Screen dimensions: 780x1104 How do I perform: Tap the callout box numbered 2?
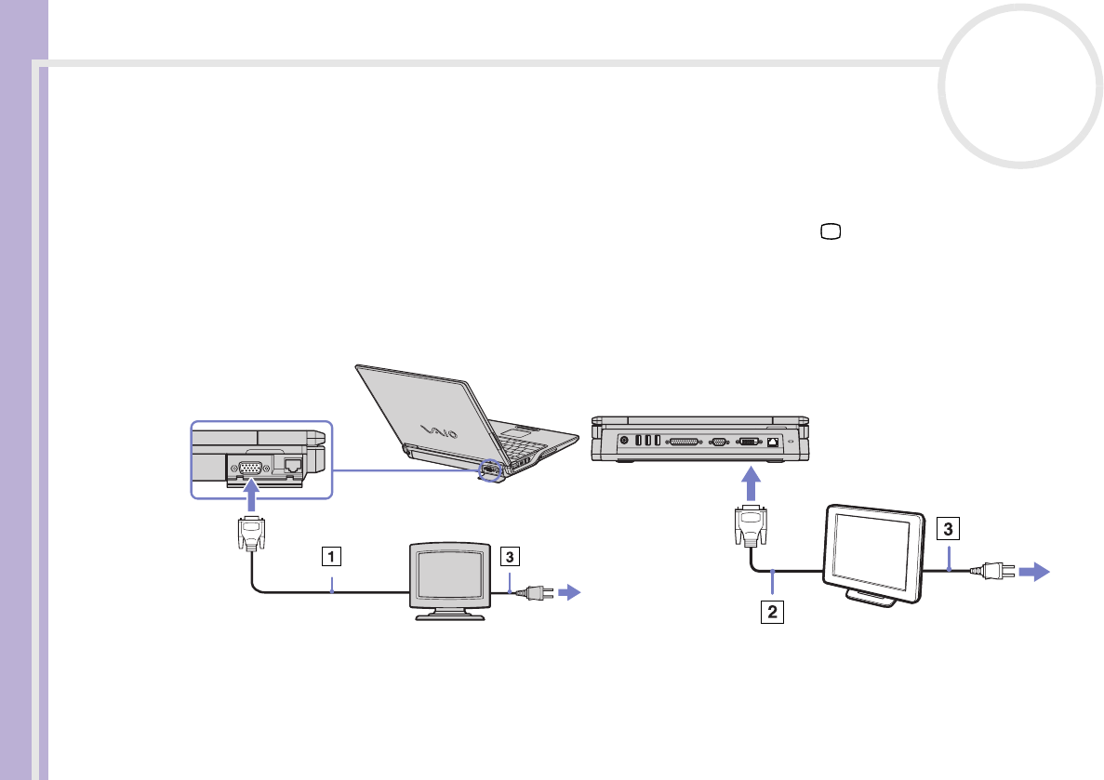[769, 614]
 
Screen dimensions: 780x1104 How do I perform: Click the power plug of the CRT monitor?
[537, 591]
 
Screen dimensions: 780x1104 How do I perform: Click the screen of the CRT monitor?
[450, 576]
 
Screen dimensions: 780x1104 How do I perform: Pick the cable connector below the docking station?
[750, 529]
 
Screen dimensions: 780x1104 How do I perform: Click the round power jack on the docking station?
[623, 441]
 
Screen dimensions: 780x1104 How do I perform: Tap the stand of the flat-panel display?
[873, 599]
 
